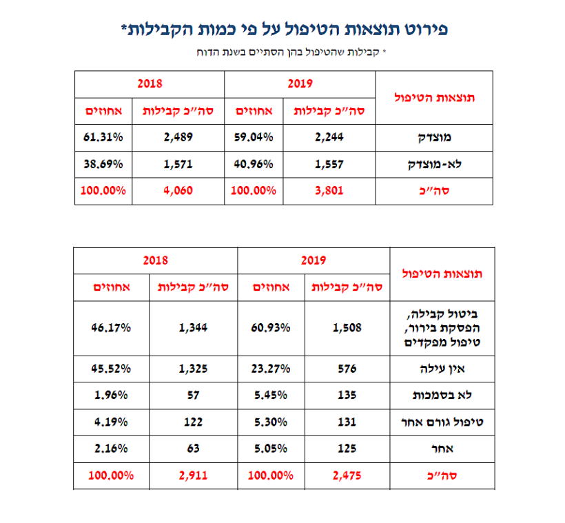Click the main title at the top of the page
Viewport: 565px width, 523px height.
(282, 30)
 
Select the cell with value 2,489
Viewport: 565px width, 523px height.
(178, 136)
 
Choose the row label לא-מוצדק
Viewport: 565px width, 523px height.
(434, 164)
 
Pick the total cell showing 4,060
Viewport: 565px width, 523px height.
(178, 191)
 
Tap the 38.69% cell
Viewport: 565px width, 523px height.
(104, 164)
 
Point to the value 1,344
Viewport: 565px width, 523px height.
(192, 328)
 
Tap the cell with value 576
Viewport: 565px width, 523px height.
(347, 368)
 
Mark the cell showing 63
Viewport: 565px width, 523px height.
(192, 449)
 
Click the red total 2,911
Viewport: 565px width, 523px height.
(192, 475)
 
